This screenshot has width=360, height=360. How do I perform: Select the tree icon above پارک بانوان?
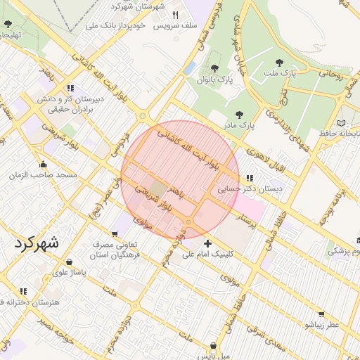pos(214,69)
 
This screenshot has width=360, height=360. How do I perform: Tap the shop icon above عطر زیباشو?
pos(322,314)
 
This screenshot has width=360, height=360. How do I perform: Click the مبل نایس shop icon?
pos(212,346)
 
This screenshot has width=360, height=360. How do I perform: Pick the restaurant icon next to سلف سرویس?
pos(176,15)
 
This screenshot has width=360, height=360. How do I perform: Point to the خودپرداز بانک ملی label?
pos(115,25)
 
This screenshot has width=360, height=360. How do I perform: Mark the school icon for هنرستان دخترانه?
pos(22,291)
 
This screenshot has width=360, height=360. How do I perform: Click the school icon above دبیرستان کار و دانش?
pos(70,89)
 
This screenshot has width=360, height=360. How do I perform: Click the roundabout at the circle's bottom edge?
pos(188,223)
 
